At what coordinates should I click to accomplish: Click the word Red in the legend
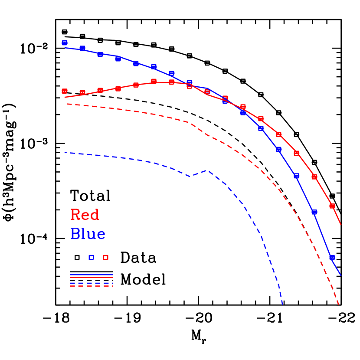pyautogui.click(x=85, y=215)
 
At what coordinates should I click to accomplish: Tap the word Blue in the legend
pyautogui.click(x=88, y=234)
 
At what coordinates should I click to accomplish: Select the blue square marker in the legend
pyautogui.click(x=91, y=258)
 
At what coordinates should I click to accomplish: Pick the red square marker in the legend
pyautogui.click(x=105, y=258)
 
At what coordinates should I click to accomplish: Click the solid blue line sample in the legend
pyautogui.click(x=91, y=275)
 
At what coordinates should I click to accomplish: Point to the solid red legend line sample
pyautogui.click(x=91, y=277)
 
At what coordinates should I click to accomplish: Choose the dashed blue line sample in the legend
pyautogui.click(x=91, y=283)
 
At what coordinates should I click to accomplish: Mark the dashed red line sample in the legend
pyautogui.click(x=91, y=286)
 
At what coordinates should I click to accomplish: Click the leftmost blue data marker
pyautogui.click(x=65, y=43)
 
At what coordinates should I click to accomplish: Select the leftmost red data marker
pyautogui.click(x=65, y=91)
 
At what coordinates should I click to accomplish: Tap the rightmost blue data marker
pyautogui.click(x=332, y=258)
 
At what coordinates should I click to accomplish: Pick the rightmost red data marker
pyautogui.click(x=332, y=206)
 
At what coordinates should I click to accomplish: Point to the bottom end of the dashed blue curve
pyautogui.click(x=283, y=305)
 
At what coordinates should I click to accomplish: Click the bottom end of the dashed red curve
pyautogui.click(x=338, y=305)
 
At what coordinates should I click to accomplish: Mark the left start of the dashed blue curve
pyautogui.click(x=64, y=152)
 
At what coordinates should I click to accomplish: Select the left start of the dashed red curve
pyautogui.click(x=67, y=104)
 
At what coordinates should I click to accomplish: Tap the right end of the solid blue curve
pyautogui.click(x=341, y=275)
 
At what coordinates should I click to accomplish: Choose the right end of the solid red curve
pyautogui.click(x=341, y=225)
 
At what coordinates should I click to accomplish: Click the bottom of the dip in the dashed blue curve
pyautogui.click(x=190, y=177)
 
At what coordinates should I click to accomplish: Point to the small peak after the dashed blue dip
pyautogui.click(x=209, y=170)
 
